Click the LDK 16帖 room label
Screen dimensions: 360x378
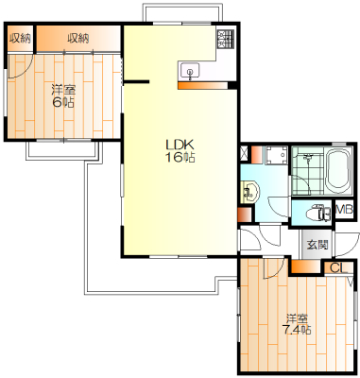click(180, 150)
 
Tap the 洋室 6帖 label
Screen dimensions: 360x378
click(63, 96)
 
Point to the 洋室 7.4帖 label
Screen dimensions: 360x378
click(297, 324)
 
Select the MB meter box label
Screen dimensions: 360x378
click(344, 209)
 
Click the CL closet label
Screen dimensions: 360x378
click(338, 268)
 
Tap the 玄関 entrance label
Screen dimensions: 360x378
click(317, 245)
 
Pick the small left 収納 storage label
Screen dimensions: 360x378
click(20, 39)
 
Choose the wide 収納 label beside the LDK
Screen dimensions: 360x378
click(78, 39)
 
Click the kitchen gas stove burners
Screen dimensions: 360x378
click(225, 40)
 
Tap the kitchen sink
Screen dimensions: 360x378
click(189, 71)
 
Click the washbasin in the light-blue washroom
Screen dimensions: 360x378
click(249, 192)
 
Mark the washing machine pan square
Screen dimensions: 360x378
click(276, 155)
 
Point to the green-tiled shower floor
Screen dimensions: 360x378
click(307, 172)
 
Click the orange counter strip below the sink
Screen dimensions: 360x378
click(202, 86)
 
